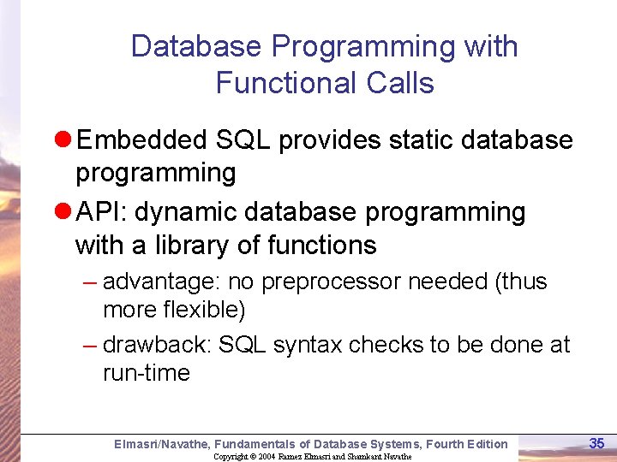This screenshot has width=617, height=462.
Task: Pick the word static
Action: click(404, 139)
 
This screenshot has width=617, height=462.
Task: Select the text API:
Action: click(101, 211)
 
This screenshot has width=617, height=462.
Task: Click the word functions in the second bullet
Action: click(321, 246)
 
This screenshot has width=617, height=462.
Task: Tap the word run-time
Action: click(146, 373)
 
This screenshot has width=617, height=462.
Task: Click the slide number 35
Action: click(596, 442)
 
